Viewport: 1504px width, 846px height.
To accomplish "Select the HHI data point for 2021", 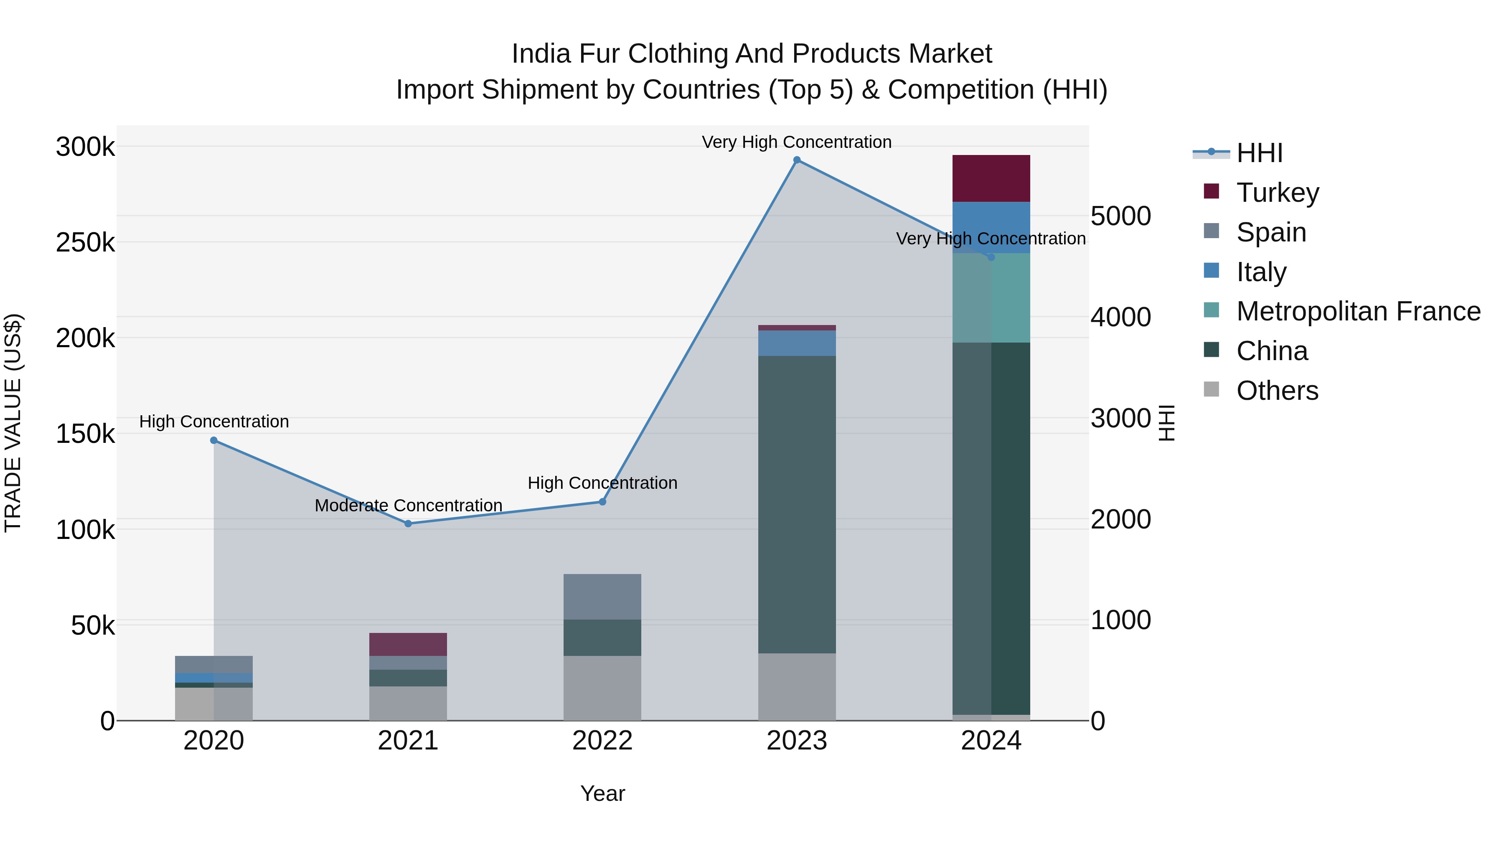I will tap(408, 524).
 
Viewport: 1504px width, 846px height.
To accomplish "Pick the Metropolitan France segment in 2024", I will tap(991, 298).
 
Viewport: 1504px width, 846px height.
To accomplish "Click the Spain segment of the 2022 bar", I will tap(602, 596).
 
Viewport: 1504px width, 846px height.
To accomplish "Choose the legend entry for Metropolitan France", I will tap(1358, 311).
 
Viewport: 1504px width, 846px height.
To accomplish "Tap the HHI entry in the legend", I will tap(1259, 153).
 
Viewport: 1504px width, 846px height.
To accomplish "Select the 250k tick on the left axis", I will tap(85, 242).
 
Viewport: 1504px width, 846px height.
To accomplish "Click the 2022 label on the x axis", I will tap(602, 741).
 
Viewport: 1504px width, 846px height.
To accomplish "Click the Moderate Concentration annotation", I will tap(408, 505).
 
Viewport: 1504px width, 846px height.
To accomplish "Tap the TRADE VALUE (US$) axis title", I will tap(13, 423).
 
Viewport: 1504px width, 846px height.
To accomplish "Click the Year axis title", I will tap(602, 793).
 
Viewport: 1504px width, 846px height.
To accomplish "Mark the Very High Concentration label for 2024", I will tap(991, 239).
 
